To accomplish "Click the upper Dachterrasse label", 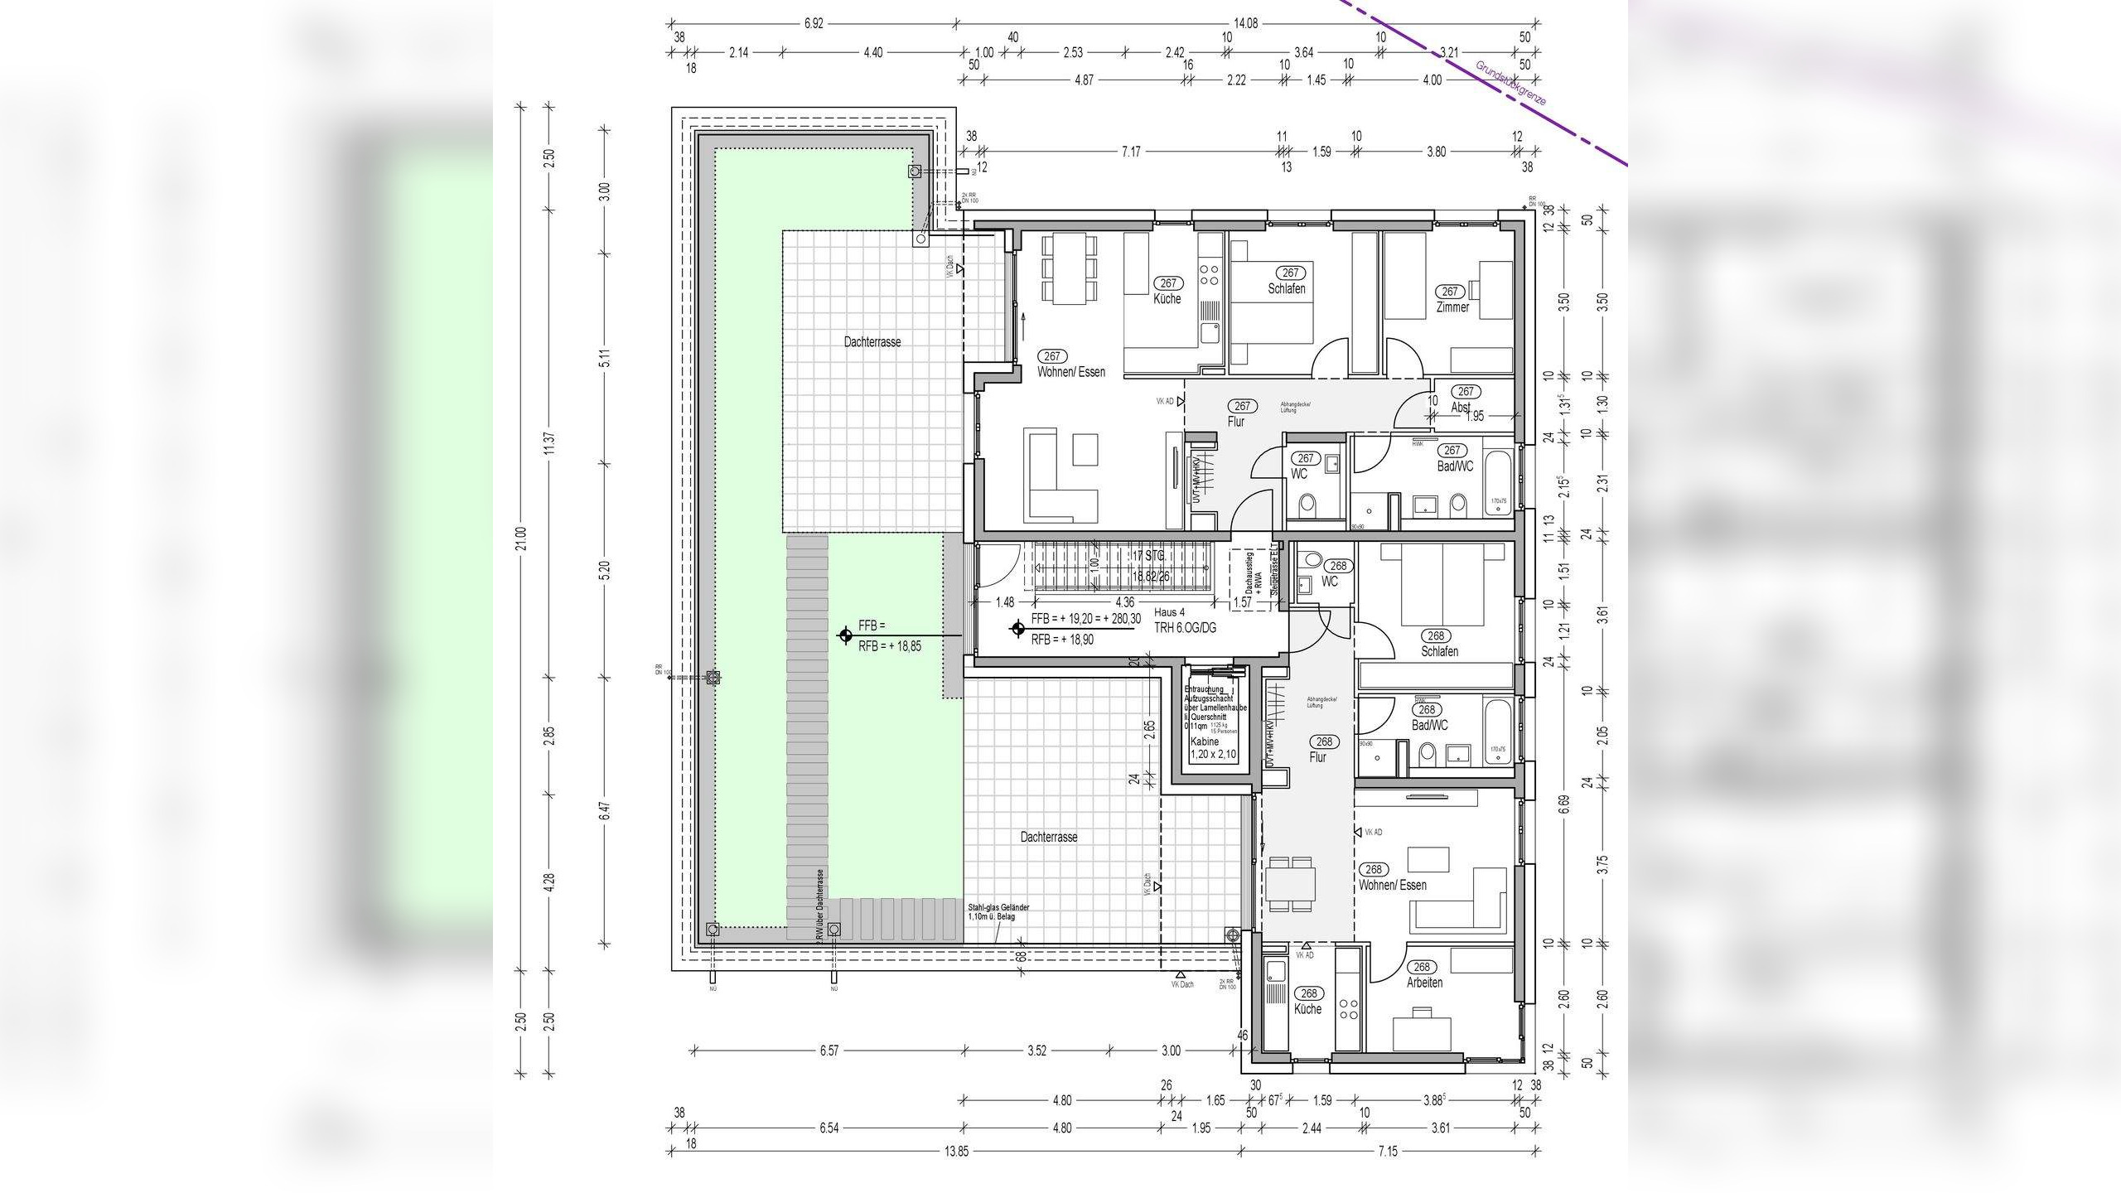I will [x=872, y=341].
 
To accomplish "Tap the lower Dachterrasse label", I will [x=1048, y=837].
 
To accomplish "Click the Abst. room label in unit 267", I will [x=1461, y=408].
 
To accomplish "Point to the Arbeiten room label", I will [x=1423, y=983].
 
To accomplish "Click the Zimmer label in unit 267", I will [x=1452, y=307].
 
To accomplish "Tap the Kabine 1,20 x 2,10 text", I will [x=1212, y=749].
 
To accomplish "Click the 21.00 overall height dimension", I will [x=520, y=539].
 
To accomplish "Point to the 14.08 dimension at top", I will [x=1245, y=23].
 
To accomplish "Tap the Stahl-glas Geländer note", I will [x=998, y=912].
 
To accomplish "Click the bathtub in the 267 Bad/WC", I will [x=1498, y=482].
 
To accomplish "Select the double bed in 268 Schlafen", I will [x=1442, y=584].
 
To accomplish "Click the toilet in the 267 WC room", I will [x=1307, y=504].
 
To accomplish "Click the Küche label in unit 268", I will [x=1307, y=1009].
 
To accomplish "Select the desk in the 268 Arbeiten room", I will [x=1423, y=1029].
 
